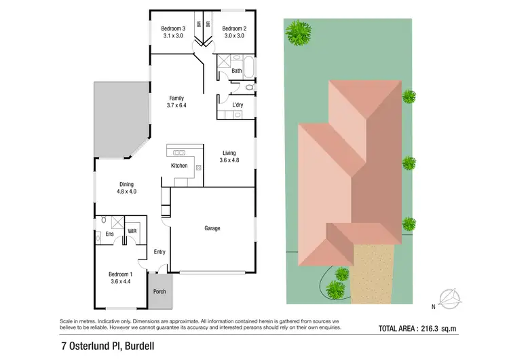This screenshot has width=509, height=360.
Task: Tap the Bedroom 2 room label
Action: (x=234, y=32)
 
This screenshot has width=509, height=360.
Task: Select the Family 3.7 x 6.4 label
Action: (x=176, y=102)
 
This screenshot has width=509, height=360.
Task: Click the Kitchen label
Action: (x=179, y=166)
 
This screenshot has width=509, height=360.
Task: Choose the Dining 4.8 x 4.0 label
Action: (x=126, y=188)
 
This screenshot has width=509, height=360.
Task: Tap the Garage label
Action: (x=212, y=228)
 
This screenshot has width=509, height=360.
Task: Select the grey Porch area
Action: (x=159, y=290)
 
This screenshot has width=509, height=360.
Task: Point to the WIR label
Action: (x=132, y=232)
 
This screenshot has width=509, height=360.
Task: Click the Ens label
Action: (x=109, y=235)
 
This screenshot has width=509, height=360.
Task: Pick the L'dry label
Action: (x=238, y=105)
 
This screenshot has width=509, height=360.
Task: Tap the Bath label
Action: (x=236, y=71)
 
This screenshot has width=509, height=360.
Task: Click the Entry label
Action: (x=159, y=252)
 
